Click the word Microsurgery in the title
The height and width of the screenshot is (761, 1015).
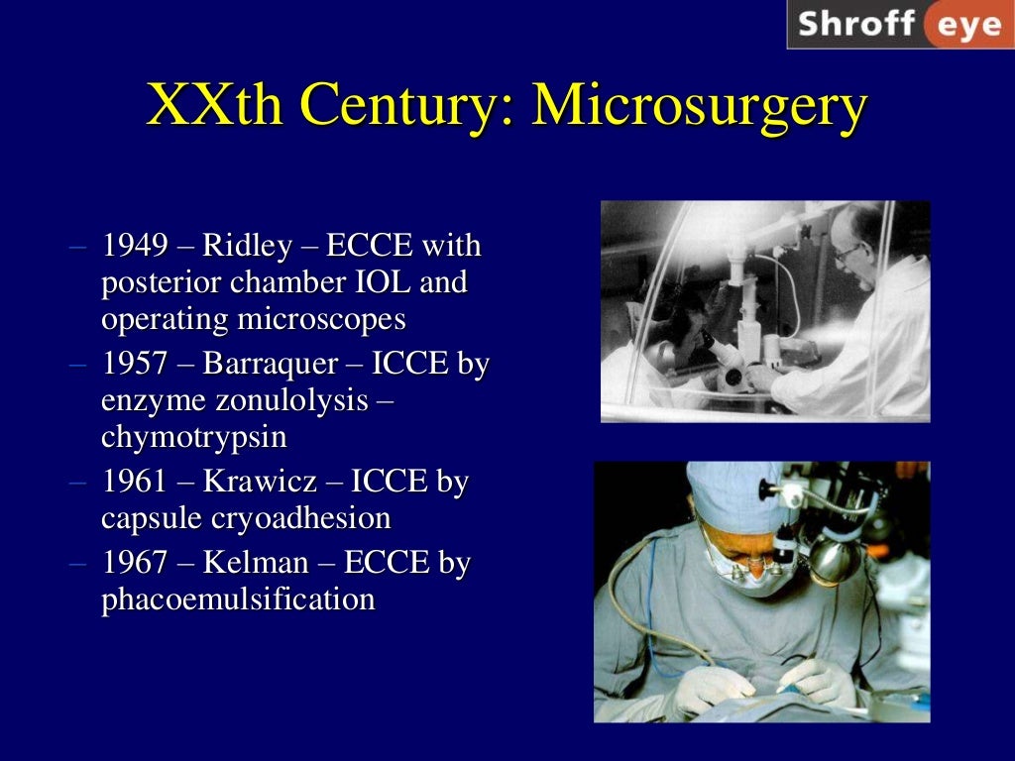pos(700,106)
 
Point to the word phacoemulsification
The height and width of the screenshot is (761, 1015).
pos(238,599)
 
